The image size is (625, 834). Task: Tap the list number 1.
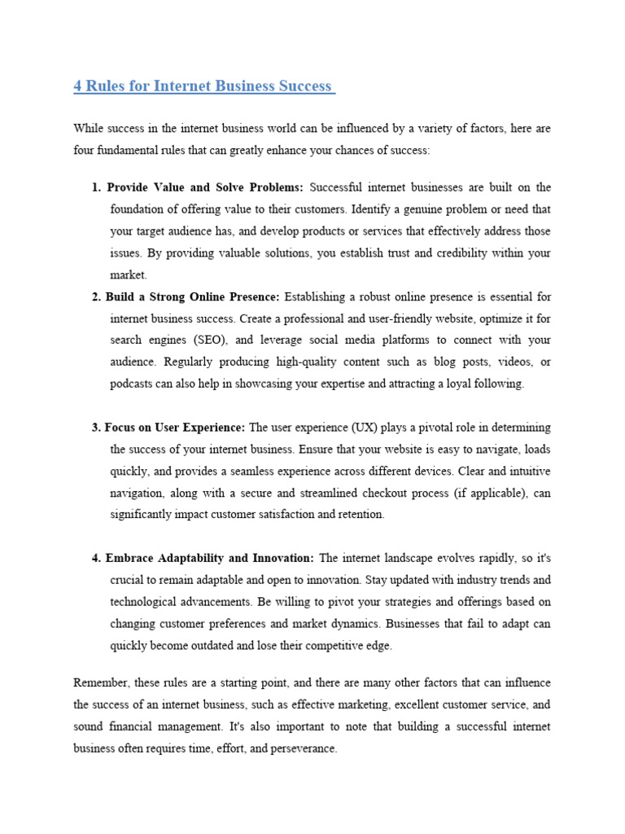[x=96, y=187]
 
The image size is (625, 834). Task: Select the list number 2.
[x=96, y=296]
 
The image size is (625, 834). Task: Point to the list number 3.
[x=96, y=427]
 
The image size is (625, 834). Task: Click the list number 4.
[x=96, y=558]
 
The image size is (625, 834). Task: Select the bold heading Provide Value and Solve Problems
[x=204, y=187]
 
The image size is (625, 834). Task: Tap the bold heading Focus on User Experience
[x=175, y=427]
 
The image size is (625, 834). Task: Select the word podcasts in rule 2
[x=132, y=384]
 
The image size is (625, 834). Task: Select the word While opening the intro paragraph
[x=89, y=129]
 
